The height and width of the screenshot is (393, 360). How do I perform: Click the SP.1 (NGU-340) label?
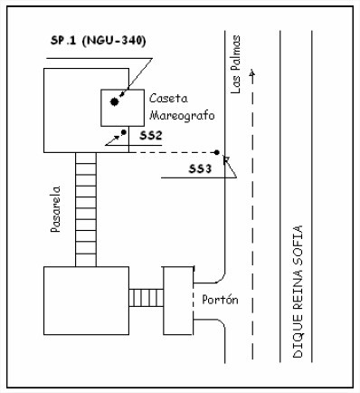coord(99,41)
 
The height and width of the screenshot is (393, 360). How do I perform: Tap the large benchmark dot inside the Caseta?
coord(114,102)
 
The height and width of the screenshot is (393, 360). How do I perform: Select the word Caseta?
coord(168,99)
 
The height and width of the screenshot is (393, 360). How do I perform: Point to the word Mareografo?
coord(182,116)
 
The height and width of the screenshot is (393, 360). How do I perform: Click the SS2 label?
coord(151,136)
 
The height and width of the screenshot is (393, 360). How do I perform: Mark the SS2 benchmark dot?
coord(123,132)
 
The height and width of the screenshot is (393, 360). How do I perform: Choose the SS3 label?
coord(200,169)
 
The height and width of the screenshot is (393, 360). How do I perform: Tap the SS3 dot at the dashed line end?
coord(216,152)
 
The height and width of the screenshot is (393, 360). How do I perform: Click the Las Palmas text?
coord(235,64)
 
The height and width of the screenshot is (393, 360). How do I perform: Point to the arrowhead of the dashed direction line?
coord(252,72)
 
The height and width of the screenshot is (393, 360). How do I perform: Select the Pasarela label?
coord(56,209)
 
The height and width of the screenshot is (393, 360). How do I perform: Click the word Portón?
coord(220,300)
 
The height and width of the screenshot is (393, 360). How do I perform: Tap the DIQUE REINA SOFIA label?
coord(298,292)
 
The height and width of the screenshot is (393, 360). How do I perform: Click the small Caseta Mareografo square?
coord(122,108)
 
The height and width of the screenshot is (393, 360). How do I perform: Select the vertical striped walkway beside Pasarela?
coord(86,209)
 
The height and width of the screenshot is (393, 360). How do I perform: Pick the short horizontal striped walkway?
coord(147,298)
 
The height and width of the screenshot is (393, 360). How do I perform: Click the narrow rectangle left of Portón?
coord(178,301)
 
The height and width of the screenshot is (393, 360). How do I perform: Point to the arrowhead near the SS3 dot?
coord(225,159)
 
